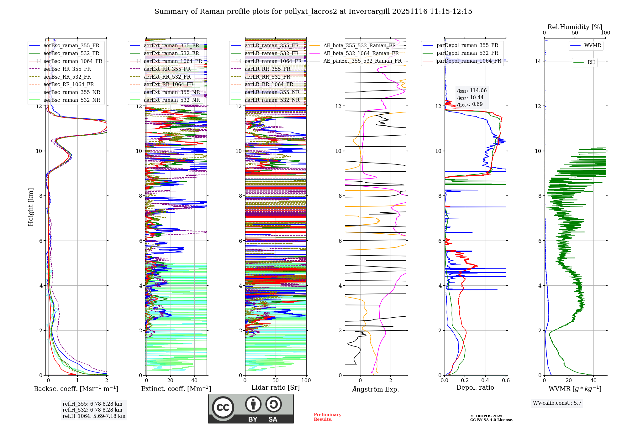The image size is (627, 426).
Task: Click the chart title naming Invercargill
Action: point(313,12)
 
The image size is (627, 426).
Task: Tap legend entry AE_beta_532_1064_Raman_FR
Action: point(361,53)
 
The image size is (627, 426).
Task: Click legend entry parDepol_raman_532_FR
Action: point(467,53)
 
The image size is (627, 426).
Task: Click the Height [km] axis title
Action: point(31,207)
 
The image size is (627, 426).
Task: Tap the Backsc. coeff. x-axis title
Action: point(76,389)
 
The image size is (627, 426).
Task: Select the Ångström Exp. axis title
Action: point(375,389)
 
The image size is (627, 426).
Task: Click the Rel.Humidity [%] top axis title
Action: point(575,27)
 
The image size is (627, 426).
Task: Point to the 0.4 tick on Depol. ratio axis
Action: point(485,381)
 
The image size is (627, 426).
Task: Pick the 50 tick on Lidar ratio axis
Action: point(276,381)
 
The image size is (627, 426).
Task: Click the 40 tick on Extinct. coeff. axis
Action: point(194,381)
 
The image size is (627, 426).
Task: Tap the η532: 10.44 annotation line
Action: point(470,98)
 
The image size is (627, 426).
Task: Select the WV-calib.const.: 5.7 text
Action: point(557,403)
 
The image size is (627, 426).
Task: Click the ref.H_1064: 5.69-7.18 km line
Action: point(94,416)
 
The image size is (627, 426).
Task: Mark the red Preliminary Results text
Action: point(327,417)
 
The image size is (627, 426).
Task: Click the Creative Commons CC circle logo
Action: point(223,407)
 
